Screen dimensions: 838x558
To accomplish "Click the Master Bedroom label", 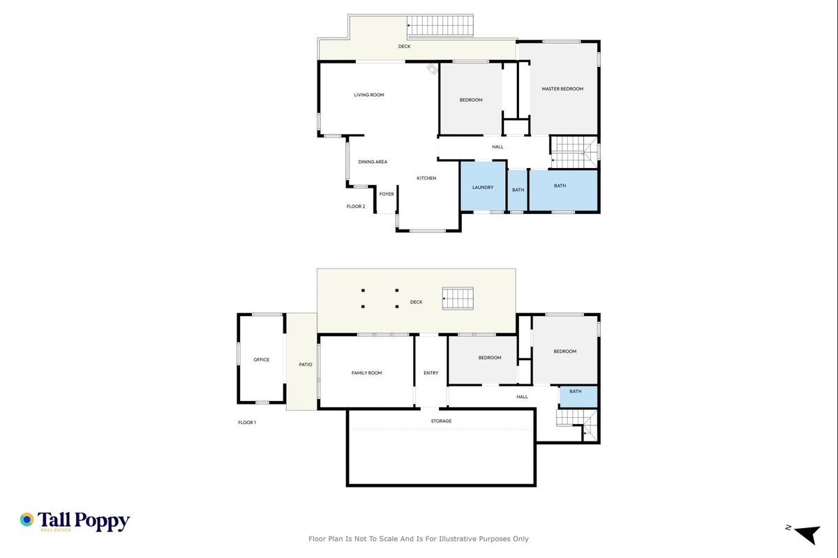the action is [562, 89].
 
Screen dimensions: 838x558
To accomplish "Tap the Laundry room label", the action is [483, 188].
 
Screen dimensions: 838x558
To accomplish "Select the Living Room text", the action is [369, 95].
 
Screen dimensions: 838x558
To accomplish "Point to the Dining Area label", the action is [373, 162].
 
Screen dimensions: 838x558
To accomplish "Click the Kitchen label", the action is [426, 179].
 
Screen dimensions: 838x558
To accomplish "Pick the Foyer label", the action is [387, 194].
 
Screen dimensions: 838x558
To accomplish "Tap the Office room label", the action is [262, 360].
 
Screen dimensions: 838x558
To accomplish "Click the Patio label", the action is [306, 365].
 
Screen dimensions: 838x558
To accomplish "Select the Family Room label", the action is [366, 373].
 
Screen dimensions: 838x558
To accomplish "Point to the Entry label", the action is [431, 373].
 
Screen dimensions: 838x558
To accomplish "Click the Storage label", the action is [441, 421].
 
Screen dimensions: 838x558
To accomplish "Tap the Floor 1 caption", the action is [247, 423].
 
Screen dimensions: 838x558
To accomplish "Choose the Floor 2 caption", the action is [356, 206].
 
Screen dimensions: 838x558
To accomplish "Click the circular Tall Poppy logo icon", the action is [27, 520].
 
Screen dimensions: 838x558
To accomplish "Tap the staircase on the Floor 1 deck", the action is [458, 299].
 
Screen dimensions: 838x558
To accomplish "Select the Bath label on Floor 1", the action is [576, 391].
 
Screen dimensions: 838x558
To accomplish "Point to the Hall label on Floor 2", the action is [497, 147].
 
